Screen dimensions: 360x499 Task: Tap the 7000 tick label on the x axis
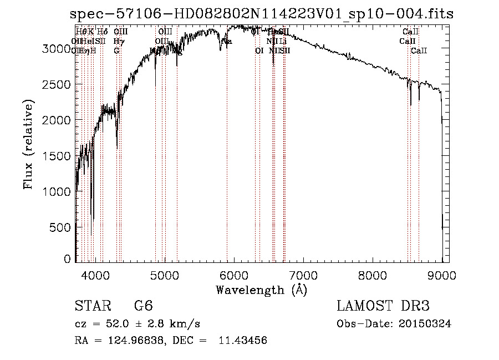303,275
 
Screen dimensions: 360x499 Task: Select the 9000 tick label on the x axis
442,275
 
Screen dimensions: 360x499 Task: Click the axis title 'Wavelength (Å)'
261,290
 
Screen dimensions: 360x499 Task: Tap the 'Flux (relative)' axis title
28,144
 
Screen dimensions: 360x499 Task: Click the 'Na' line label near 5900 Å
227,42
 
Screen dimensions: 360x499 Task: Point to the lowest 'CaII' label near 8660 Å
419,51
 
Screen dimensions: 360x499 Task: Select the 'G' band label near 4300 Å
116,51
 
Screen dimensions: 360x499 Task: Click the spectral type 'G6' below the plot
144,306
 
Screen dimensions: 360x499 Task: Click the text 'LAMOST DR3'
383,306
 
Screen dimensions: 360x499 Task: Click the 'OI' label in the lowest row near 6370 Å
259,51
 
